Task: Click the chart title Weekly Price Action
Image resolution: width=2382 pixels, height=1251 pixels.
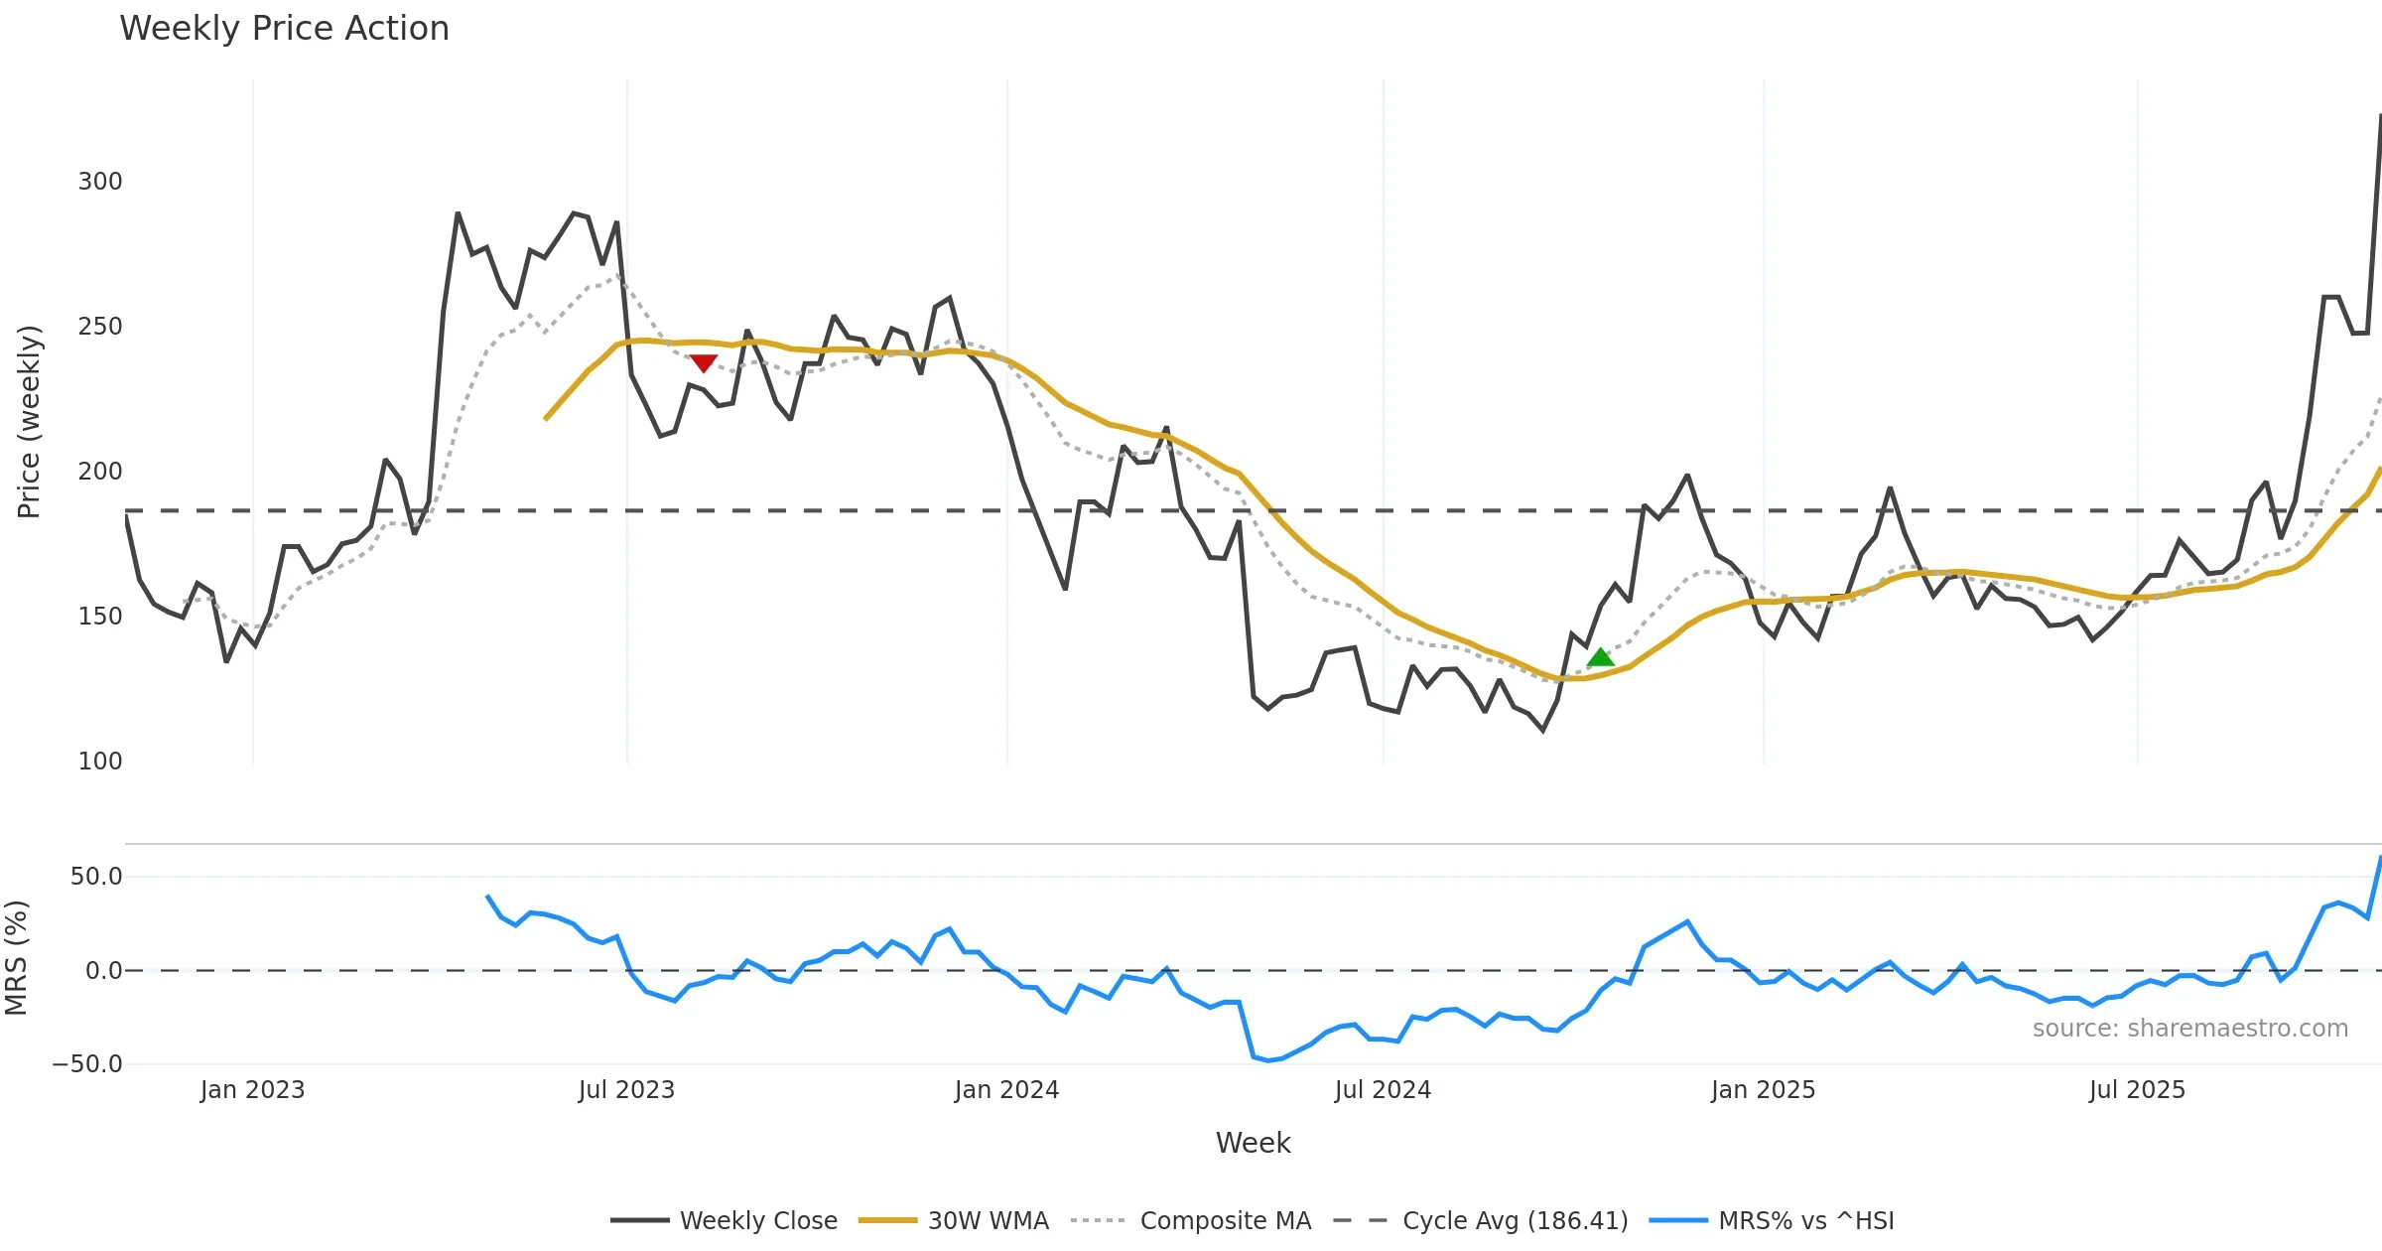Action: click(284, 29)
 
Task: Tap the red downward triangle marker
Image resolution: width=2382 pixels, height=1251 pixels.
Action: click(704, 363)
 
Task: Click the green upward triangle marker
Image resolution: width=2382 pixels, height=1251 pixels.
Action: click(1600, 657)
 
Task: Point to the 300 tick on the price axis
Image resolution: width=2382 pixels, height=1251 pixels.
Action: click(100, 182)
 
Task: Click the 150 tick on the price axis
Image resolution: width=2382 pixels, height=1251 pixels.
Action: click(100, 617)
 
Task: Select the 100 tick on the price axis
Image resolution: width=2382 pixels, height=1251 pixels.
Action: click(100, 762)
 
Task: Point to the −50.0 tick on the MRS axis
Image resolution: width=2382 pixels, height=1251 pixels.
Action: click(87, 1064)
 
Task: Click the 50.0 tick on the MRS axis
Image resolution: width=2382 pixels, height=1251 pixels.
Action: click(96, 877)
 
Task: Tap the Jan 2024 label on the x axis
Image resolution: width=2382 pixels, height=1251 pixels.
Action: click(1006, 1090)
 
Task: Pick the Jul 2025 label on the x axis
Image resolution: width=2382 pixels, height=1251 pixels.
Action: click(2137, 1090)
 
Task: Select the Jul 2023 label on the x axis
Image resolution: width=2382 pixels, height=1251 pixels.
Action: click(626, 1090)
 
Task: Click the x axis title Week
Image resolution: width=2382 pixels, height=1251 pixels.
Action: click(1253, 1144)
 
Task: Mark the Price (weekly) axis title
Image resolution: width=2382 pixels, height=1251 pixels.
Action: click(30, 422)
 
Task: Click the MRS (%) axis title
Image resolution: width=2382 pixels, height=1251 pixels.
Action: click(17, 958)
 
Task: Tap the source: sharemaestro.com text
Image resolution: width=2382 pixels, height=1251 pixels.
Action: click(2189, 1029)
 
